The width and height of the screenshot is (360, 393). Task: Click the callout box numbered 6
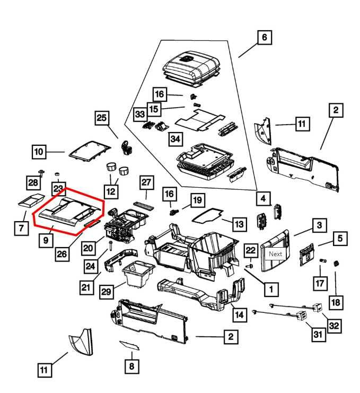(264, 38)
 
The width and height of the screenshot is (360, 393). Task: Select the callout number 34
(175, 139)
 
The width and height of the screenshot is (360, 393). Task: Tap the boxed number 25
(102, 118)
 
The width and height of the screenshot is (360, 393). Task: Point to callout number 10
(39, 153)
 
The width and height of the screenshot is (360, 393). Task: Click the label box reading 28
(33, 183)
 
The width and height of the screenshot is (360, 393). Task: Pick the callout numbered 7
(21, 228)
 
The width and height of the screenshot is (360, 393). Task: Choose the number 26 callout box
(62, 254)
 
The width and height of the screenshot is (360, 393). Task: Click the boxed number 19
(197, 200)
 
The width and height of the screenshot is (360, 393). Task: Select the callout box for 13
(239, 224)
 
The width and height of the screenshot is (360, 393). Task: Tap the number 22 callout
(251, 250)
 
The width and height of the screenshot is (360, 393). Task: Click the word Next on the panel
(276, 254)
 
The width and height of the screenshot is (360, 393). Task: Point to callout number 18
(336, 302)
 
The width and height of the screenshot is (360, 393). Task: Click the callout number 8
(131, 366)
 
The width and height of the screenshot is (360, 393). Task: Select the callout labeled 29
(107, 292)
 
